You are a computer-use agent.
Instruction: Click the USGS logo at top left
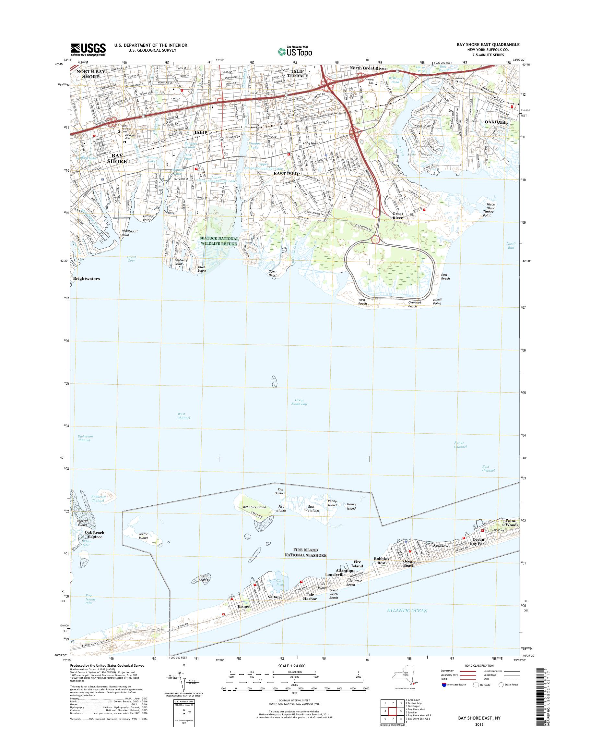(88, 49)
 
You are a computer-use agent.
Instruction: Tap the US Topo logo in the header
(295, 51)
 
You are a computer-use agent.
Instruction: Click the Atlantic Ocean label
(408, 611)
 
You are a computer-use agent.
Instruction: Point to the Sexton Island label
(143, 536)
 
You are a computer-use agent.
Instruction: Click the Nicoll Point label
(437, 302)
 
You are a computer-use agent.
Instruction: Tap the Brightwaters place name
(86, 278)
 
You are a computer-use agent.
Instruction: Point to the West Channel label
(183, 416)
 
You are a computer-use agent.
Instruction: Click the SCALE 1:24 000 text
(291, 665)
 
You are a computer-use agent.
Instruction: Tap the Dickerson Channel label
(85, 438)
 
